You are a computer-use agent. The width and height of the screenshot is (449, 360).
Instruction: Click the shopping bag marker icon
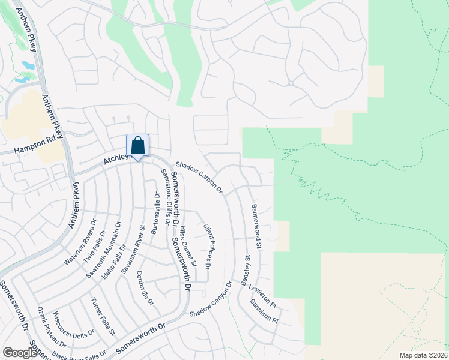(137, 146)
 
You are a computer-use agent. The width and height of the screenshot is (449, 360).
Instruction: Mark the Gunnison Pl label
(264, 311)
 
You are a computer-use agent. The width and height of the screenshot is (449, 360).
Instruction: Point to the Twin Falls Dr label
(94, 246)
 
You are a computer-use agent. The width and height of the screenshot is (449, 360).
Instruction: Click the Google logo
(19, 352)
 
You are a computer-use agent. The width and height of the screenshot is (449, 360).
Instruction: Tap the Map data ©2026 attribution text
(423, 355)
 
